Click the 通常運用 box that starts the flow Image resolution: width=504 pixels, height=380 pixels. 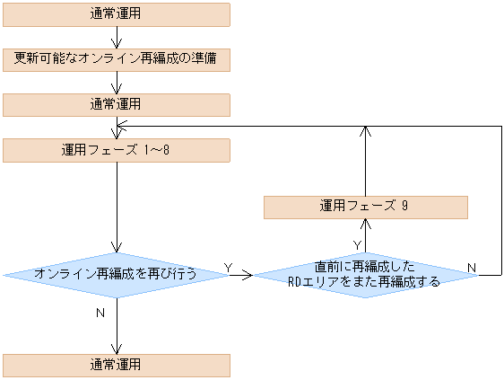[117, 14]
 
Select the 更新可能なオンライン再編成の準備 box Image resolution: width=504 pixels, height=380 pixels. [117, 60]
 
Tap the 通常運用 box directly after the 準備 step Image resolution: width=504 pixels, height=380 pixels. [117, 105]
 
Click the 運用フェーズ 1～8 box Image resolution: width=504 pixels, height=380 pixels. [117, 150]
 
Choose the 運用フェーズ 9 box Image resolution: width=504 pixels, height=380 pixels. [365, 207]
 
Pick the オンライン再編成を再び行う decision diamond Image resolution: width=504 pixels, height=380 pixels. [117, 274]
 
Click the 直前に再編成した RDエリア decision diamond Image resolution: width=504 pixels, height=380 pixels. [365, 275]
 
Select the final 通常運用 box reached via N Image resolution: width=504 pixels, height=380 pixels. [117, 365]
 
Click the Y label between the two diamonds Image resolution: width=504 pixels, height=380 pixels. [228, 268]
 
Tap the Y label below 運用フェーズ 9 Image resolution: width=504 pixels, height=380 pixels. [357, 244]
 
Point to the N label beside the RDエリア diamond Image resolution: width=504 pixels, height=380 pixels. [471, 269]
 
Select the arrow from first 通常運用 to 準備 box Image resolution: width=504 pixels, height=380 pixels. [117, 37]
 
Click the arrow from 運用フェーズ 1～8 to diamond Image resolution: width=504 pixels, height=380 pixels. [117, 207]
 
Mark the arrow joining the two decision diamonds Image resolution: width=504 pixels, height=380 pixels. [242, 275]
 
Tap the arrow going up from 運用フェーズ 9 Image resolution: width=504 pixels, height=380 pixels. [365, 162]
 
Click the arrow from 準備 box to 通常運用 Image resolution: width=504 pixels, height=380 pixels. [117, 83]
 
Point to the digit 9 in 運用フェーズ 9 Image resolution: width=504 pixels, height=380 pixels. [405, 207]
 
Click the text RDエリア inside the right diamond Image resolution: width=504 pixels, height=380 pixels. [310, 282]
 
